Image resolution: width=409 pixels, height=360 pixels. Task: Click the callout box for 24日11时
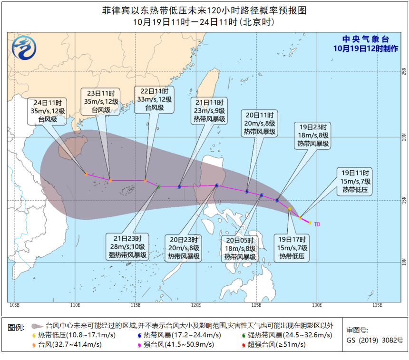48,111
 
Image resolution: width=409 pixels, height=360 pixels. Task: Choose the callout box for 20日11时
260,123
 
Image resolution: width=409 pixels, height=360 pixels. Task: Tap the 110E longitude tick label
75,305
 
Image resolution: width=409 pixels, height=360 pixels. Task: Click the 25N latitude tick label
403,72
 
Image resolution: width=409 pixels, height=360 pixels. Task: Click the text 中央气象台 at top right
366,39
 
